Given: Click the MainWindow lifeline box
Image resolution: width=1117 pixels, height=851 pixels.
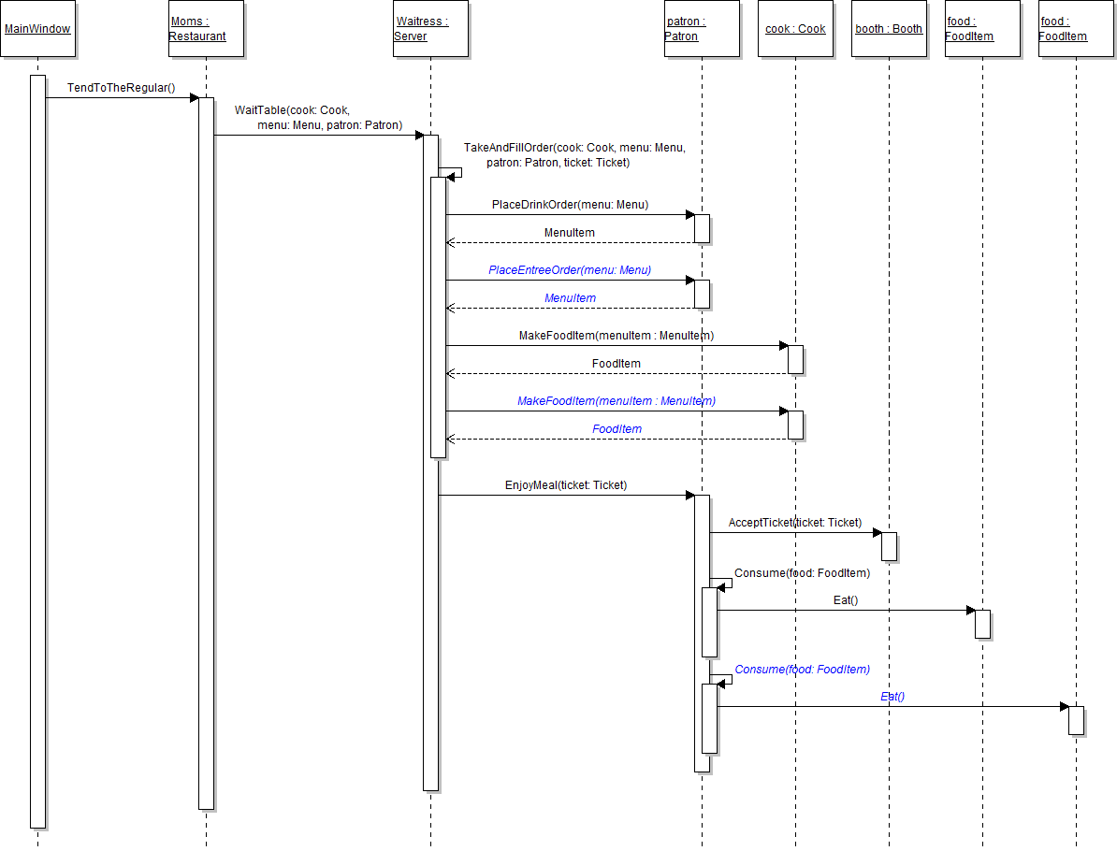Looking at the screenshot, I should [37, 29].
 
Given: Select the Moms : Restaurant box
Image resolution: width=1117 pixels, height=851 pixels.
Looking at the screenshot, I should [206, 29].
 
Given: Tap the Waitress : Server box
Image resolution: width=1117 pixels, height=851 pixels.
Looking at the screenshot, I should [430, 29].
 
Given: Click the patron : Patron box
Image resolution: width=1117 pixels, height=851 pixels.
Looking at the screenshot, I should [702, 29].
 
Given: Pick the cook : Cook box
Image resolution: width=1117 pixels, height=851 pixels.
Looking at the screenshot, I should [795, 29].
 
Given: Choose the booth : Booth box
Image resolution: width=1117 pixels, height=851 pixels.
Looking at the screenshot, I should [889, 29].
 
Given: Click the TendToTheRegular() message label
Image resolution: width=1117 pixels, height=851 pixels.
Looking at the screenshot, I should [121, 88].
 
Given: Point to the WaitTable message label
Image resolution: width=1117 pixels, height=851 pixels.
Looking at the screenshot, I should [318, 118].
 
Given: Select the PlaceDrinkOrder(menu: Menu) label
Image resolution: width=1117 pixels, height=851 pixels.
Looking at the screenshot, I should [570, 205].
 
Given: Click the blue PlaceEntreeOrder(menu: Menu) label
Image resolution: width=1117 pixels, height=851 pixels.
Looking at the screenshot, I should [570, 270].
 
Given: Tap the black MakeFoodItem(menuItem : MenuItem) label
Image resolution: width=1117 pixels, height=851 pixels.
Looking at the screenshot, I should [617, 336].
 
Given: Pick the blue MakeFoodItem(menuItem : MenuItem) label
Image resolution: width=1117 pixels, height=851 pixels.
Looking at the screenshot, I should [617, 401].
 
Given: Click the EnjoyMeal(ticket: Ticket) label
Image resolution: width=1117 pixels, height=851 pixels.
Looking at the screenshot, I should [566, 485].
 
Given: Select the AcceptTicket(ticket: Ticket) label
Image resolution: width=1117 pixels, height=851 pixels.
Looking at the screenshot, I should [794, 523].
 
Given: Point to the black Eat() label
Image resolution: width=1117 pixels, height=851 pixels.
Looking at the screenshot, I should [846, 600].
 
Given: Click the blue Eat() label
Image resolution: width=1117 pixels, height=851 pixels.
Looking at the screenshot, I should [892, 697].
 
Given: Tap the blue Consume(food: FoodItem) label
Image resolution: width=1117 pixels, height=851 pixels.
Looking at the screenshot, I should [802, 670].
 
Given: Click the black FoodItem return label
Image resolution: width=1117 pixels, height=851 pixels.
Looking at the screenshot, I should [617, 364].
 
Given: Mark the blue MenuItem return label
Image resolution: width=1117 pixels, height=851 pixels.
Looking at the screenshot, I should [570, 298].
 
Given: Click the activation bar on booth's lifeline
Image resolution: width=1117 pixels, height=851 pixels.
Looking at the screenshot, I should [889, 546].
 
